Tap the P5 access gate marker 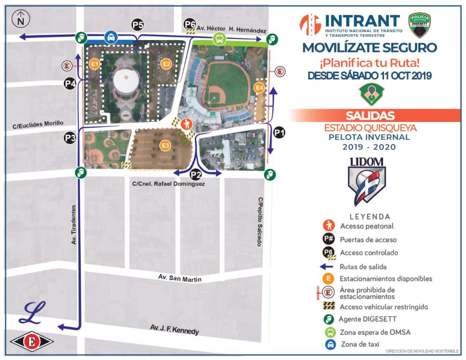(137, 25)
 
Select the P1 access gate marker (279, 133)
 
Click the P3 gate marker (70, 138)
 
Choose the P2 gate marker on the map (196, 173)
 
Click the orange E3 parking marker (166, 146)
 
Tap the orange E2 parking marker (167, 64)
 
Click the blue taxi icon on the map (111, 37)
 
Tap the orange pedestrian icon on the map (186, 123)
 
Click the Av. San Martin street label (179, 278)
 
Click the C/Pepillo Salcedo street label (260, 222)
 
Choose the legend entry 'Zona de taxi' (360, 345)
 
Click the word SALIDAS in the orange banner (370, 115)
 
